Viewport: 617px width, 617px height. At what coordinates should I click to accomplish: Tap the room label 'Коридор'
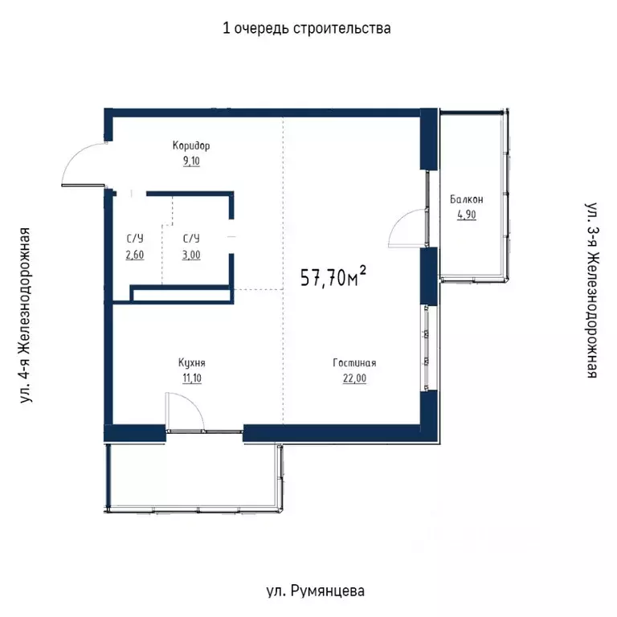(191, 146)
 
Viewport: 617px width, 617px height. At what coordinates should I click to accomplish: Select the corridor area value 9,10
(191, 161)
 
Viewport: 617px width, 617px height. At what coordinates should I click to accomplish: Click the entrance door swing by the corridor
(83, 164)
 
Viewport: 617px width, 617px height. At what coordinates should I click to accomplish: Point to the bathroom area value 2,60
(134, 255)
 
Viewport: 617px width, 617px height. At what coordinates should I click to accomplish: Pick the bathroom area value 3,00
(191, 255)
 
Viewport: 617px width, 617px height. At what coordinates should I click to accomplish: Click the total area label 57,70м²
(333, 277)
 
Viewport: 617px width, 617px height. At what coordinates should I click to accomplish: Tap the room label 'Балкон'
(467, 199)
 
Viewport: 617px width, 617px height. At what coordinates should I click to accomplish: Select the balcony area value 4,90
(467, 215)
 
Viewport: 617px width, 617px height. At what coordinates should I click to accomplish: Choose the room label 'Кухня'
(190, 362)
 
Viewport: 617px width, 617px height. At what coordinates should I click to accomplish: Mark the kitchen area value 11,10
(190, 378)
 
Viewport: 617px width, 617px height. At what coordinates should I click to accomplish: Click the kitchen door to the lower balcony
(183, 412)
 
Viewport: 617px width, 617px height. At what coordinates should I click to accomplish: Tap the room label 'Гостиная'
(354, 362)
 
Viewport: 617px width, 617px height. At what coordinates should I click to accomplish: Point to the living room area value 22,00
(354, 378)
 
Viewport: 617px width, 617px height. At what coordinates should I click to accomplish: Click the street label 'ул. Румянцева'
(314, 591)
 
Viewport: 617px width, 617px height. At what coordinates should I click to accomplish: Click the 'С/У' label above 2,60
(134, 239)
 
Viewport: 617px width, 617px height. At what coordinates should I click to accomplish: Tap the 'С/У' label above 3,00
(191, 239)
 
